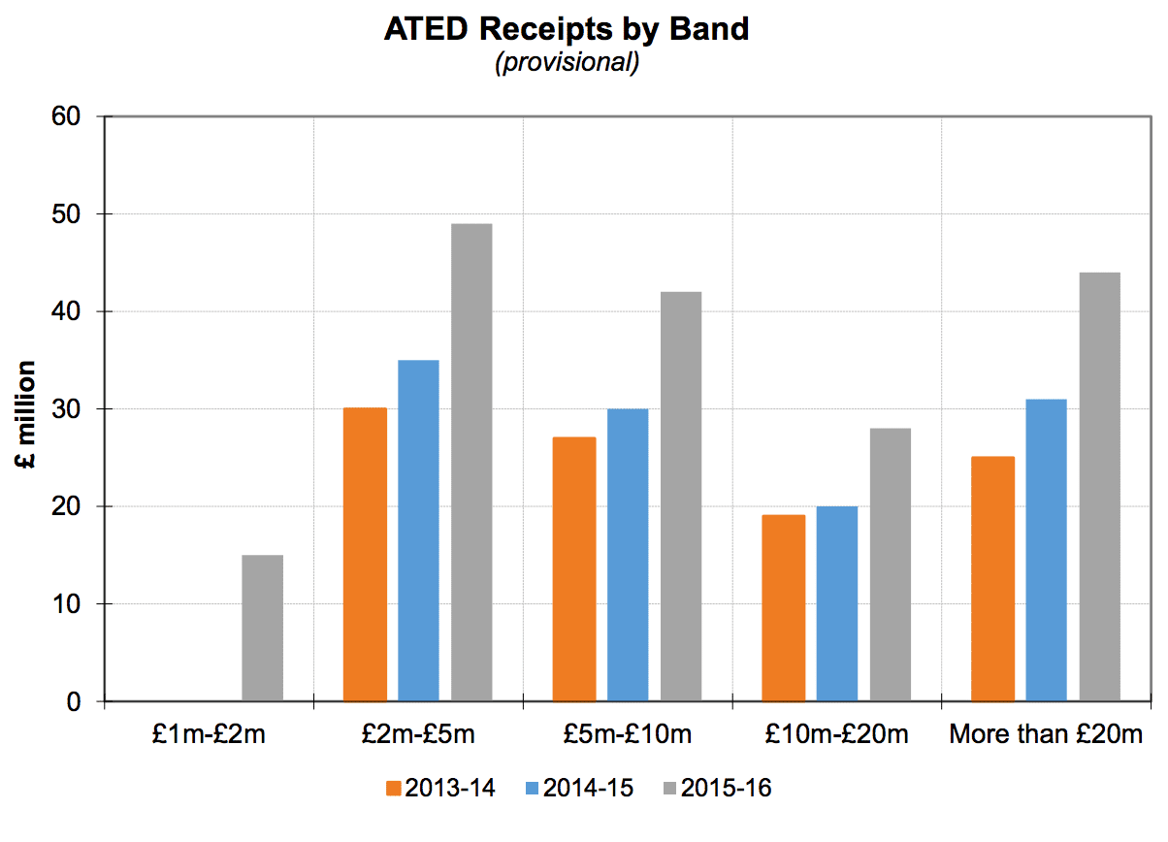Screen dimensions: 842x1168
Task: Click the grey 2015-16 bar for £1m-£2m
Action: (x=262, y=628)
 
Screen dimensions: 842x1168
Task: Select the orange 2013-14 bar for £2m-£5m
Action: (x=365, y=554)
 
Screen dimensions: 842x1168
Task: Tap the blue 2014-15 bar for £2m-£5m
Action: (x=418, y=530)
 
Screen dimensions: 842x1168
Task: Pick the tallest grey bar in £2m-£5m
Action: (x=471, y=462)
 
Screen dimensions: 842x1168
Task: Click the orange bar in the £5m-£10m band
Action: (x=574, y=568)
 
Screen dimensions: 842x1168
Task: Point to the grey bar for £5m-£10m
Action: (x=681, y=496)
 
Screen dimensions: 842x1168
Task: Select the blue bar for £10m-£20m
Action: (x=836, y=602)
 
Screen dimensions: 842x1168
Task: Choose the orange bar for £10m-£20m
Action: (x=783, y=607)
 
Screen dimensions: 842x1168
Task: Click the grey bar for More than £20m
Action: (x=1099, y=486)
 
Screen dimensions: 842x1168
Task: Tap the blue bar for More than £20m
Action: (x=1046, y=549)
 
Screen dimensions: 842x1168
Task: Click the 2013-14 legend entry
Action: (x=440, y=788)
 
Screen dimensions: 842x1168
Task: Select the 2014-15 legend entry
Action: (x=579, y=788)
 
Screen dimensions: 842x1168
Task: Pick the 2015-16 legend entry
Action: (x=716, y=788)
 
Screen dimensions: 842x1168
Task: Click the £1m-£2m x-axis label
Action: (x=210, y=734)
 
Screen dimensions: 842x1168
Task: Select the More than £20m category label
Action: (x=1046, y=734)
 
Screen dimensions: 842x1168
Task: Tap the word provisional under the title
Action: (x=567, y=64)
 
